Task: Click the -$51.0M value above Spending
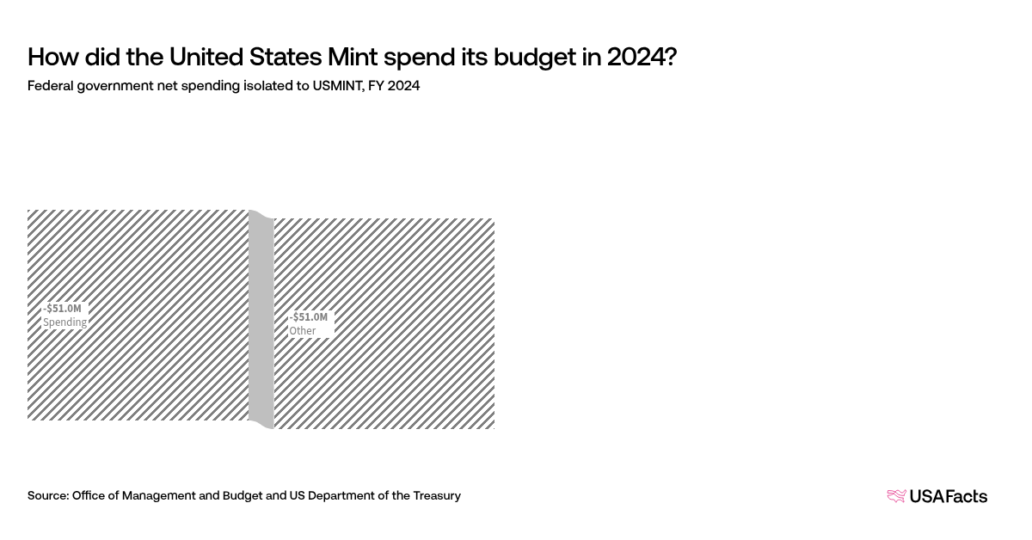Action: click(x=63, y=308)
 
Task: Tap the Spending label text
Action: click(x=65, y=322)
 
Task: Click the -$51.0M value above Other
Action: click(x=309, y=316)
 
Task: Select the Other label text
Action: click(x=303, y=331)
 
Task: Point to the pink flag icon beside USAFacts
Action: click(x=896, y=496)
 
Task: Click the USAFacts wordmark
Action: click(x=948, y=496)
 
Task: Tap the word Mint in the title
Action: click(x=353, y=58)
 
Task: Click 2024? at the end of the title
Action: click(x=642, y=58)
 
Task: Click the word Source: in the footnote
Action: click(x=48, y=495)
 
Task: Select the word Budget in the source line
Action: click(x=242, y=495)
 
